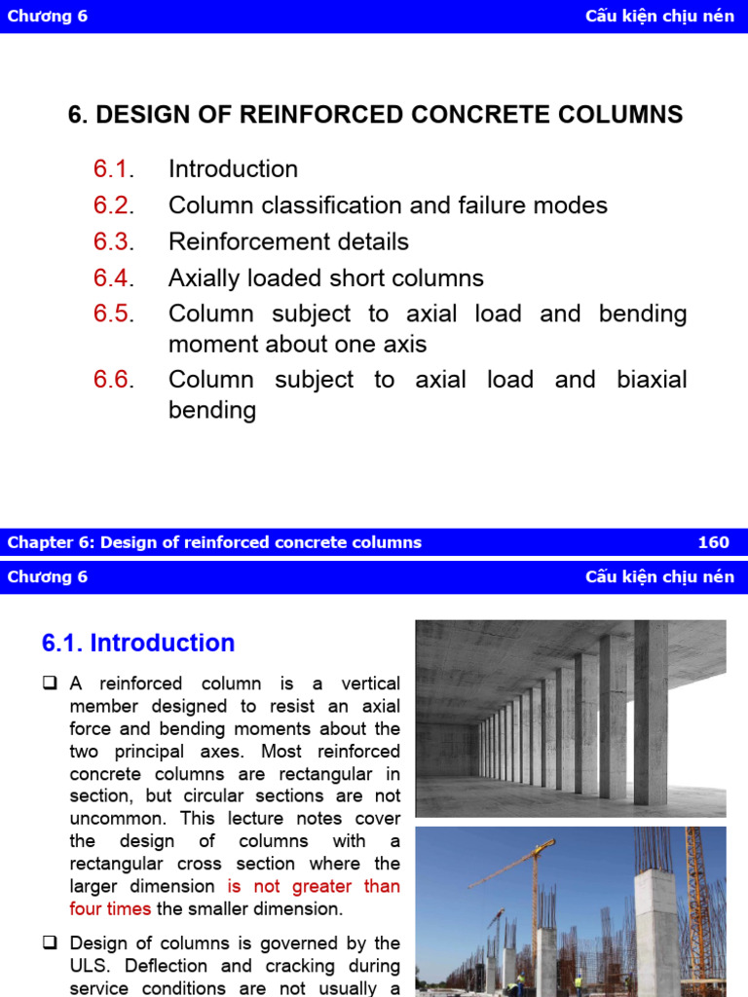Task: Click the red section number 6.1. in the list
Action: (113, 169)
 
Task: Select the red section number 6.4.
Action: (113, 278)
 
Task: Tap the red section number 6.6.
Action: (113, 380)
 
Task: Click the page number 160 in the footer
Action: (713, 542)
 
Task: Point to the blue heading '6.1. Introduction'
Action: (138, 644)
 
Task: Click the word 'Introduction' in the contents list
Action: (233, 169)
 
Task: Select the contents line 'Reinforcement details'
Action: (288, 241)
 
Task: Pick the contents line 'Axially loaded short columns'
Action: (325, 278)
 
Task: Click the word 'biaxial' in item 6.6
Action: (652, 380)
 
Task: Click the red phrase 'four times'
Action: (110, 909)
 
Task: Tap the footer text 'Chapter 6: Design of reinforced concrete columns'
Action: (214, 542)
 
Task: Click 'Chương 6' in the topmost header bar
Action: (48, 17)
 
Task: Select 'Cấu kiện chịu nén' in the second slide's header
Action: (659, 576)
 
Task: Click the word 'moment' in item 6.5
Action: (207, 344)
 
